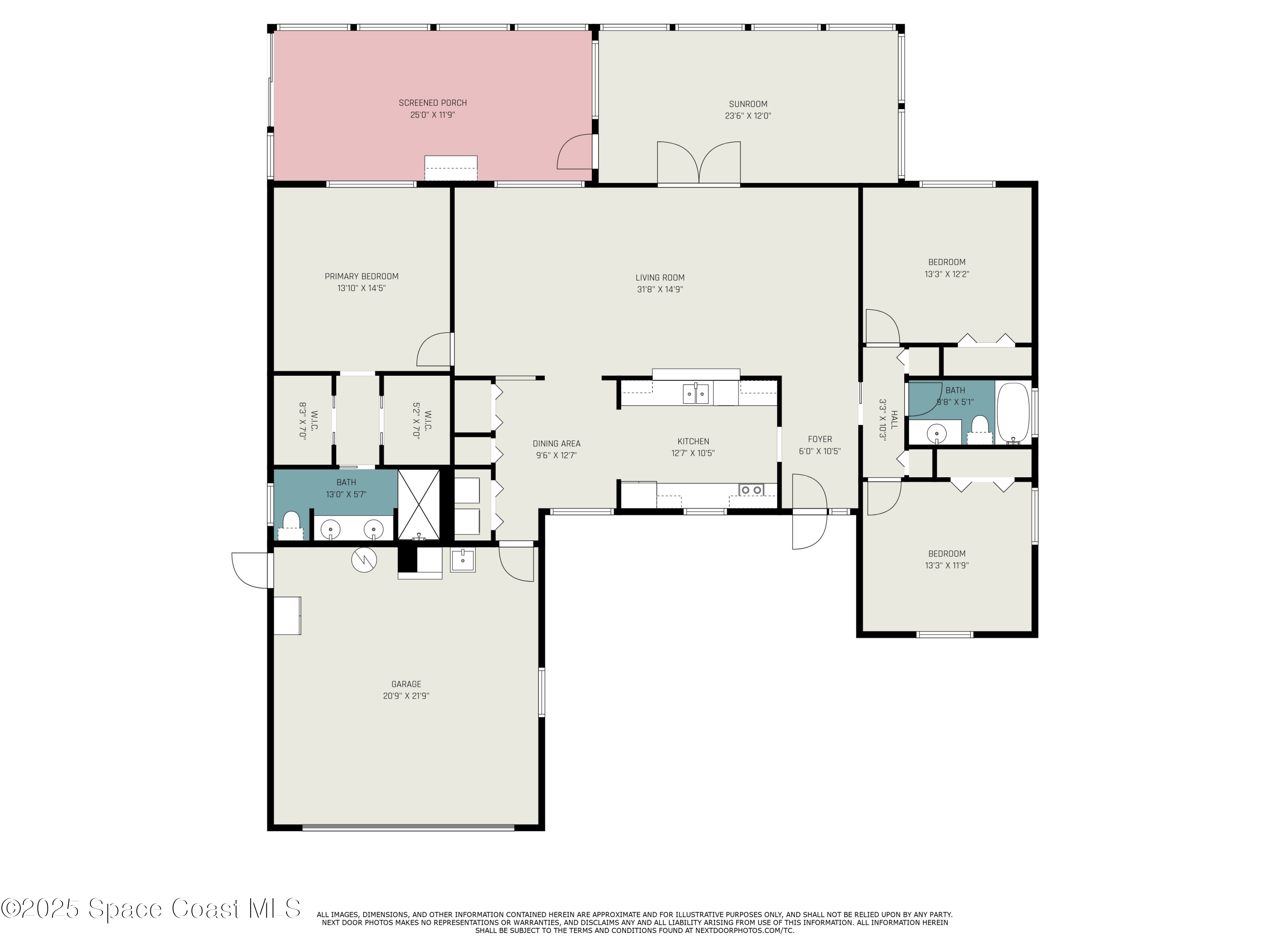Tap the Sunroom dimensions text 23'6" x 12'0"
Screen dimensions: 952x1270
pos(748,116)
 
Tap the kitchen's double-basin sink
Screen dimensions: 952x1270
pos(695,394)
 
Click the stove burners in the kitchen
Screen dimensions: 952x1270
pos(751,490)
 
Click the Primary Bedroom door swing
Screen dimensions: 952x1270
pos(433,350)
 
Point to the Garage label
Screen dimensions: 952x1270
pos(406,684)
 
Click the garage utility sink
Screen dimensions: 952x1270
pos(463,559)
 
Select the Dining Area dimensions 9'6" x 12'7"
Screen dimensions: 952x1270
pos(556,456)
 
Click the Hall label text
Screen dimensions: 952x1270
pos(894,419)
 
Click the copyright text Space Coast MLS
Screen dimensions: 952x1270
pos(150,908)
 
